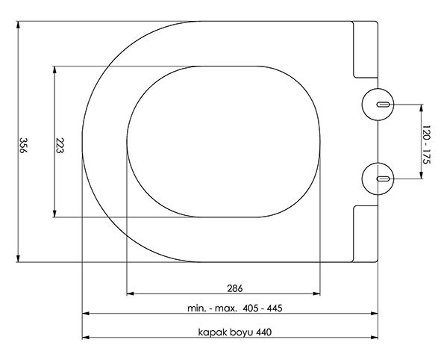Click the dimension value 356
point(22,145)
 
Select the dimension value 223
point(60,145)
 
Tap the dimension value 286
point(234,288)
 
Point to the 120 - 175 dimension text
point(427,145)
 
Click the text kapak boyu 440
point(235,332)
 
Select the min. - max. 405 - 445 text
point(235,308)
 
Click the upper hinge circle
point(378,105)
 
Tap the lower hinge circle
point(378,179)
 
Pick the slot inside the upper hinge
point(383,105)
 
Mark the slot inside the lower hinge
point(383,179)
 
